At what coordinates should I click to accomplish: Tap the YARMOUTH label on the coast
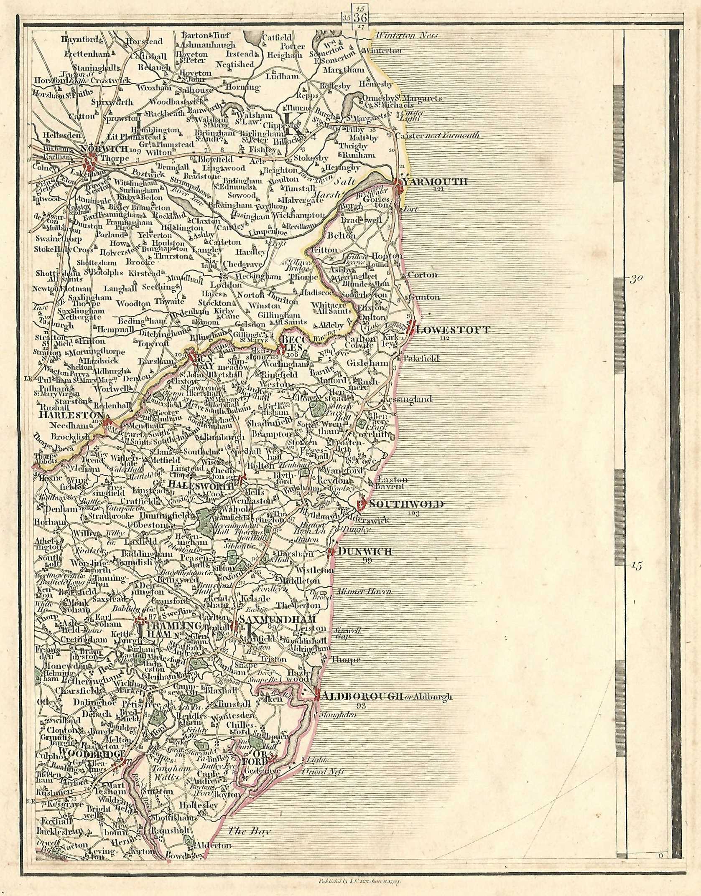pyautogui.click(x=435, y=182)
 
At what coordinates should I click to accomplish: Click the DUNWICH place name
pyautogui.click(x=365, y=552)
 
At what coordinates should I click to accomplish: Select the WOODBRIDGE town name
pyautogui.click(x=92, y=752)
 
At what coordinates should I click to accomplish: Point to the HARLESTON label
pyautogui.click(x=71, y=415)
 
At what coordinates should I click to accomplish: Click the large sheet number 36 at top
pyautogui.click(x=360, y=18)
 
